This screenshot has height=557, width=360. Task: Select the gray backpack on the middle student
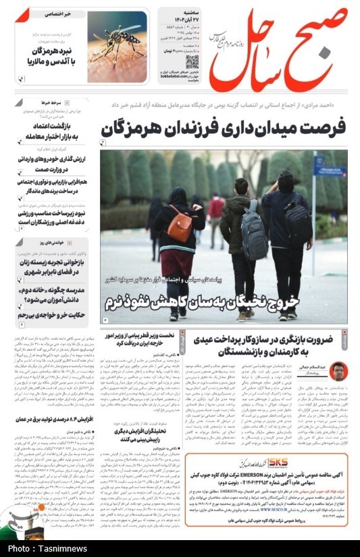(255, 233)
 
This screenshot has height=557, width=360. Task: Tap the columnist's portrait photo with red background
(337, 371)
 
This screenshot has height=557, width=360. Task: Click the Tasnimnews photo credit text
(49, 548)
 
